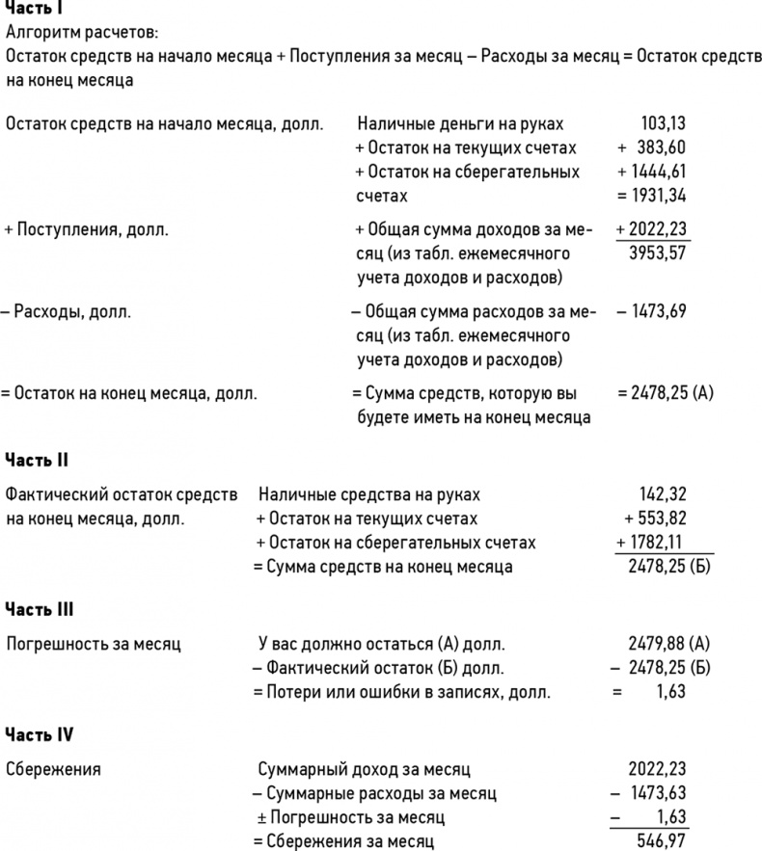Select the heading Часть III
point(40,609)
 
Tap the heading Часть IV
point(40,734)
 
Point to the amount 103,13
point(663,123)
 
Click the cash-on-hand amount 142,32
point(663,494)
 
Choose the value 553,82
point(659,519)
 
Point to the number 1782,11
point(659,543)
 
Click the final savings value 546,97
point(665,841)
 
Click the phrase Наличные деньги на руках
point(460,123)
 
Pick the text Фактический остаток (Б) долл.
point(386,667)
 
